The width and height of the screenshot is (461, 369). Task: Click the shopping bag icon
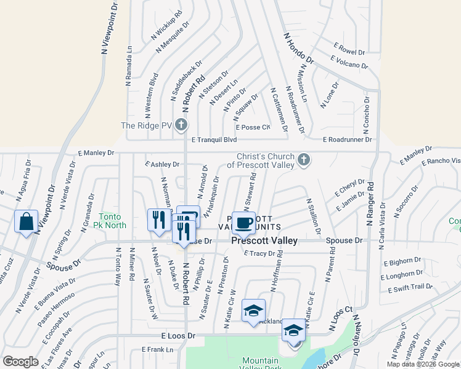pos(27,222)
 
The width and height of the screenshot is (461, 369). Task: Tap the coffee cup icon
pos(243,223)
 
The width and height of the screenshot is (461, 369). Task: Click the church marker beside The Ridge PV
pos(181,125)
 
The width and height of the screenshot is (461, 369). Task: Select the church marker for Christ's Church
pos(303,160)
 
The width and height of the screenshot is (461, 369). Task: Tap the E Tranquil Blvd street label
pos(214,140)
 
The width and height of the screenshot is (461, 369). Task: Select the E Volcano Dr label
pos(349,62)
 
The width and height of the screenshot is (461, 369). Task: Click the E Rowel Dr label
pos(349,47)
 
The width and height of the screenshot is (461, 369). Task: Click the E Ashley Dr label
pos(161,164)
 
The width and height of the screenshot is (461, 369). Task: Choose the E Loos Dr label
pos(177,336)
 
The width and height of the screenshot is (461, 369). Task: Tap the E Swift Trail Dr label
pos(410,287)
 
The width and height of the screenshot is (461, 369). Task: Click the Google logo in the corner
pos(21,362)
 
